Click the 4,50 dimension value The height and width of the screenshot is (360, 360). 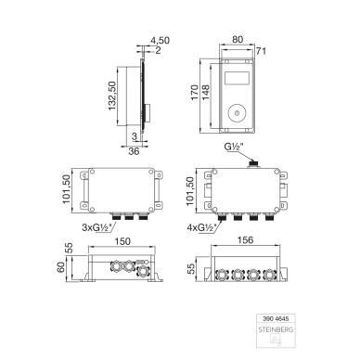(160, 40)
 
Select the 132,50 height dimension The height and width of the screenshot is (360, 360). (111, 96)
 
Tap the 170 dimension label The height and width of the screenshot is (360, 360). (195, 92)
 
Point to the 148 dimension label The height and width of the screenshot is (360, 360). (205, 92)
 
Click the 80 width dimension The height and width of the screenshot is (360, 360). (238, 40)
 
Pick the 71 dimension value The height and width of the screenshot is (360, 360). (261, 51)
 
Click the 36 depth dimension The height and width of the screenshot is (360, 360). (134, 151)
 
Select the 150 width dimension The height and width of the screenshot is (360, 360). (122, 241)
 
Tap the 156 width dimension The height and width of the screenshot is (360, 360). (245, 240)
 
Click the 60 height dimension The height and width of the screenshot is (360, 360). (60, 267)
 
